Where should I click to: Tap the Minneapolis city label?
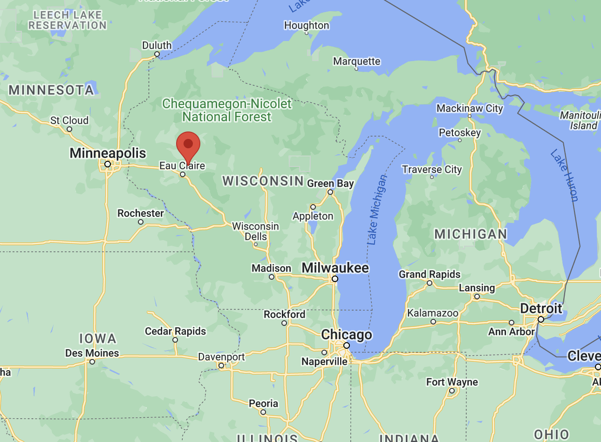pyautogui.click(x=108, y=153)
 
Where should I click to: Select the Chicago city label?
pyautogui.click(x=347, y=334)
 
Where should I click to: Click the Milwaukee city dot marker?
pyautogui.click(x=335, y=279)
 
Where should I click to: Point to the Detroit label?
pyautogui.click(x=541, y=308)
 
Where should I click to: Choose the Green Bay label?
pyautogui.click(x=330, y=183)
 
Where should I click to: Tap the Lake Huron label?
pyautogui.click(x=564, y=175)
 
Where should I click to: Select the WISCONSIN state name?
pyautogui.click(x=263, y=180)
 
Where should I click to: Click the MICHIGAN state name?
pyautogui.click(x=471, y=234)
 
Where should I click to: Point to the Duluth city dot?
pyautogui.click(x=157, y=54)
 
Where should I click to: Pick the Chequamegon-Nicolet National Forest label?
pyautogui.click(x=227, y=110)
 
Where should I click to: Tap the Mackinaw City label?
pyautogui.click(x=470, y=108)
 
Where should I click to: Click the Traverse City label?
pyautogui.click(x=432, y=169)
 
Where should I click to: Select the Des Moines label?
pyautogui.click(x=92, y=353)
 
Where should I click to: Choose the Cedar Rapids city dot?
pyautogui.click(x=175, y=340)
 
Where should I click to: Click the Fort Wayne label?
pyautogui.click(x=452, y=382)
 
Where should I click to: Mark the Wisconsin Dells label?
pyautogui.click(x=256, y=231)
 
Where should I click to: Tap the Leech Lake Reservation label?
pyautogui.click(x=68, y=20)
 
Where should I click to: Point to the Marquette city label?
pyautogui.click(x=356, y=61)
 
